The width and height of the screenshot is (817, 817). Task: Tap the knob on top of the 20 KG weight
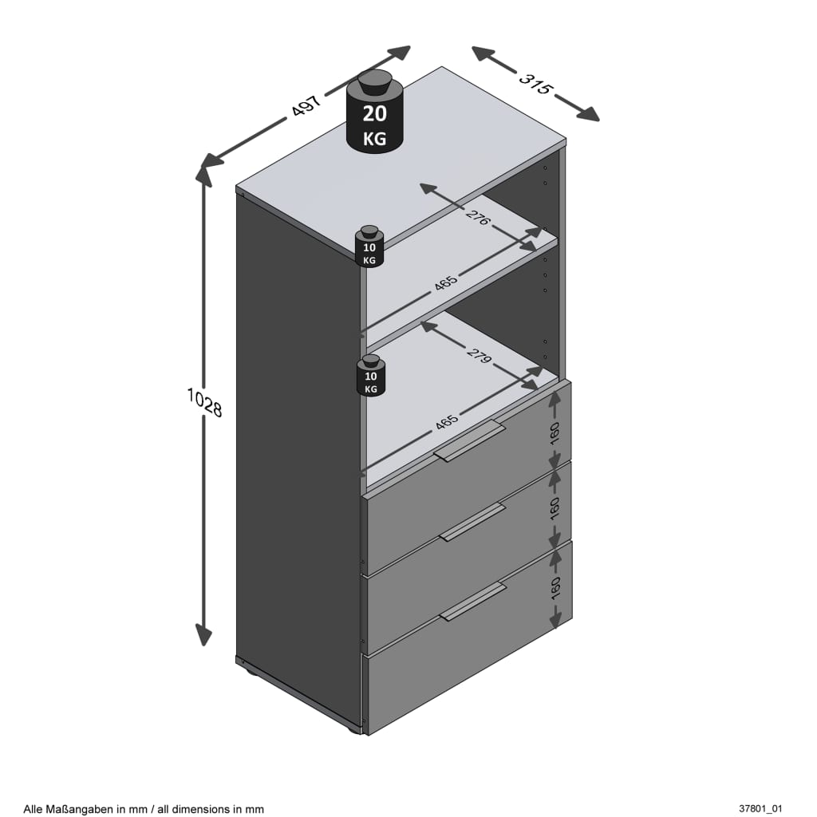(x=374, y=81)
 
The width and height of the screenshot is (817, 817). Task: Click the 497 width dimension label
(x=306, y=105)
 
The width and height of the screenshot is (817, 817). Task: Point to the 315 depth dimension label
(x=535, y=83)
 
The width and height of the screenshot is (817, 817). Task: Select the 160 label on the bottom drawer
(x=555, y=587)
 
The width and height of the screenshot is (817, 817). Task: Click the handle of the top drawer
(x=469, y=441)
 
